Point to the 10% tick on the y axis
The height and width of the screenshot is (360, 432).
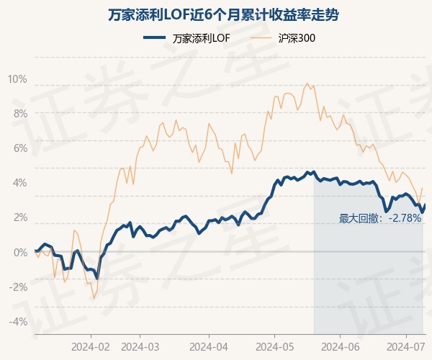17,79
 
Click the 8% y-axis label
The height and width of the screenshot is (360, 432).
19,114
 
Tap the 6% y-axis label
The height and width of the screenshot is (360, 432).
19,148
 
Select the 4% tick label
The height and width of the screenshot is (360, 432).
19,183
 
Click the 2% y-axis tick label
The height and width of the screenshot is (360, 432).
19,217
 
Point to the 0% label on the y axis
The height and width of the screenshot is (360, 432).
19,252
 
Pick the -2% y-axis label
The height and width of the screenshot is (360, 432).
18,287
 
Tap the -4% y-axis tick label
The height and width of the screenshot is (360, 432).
18,321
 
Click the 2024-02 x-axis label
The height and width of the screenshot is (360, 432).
91,346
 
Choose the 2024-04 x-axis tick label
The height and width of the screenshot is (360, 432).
208,346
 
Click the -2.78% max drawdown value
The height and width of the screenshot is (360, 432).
404,218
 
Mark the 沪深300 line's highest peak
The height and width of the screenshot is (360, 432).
307,83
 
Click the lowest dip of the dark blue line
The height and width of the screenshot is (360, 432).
96,278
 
